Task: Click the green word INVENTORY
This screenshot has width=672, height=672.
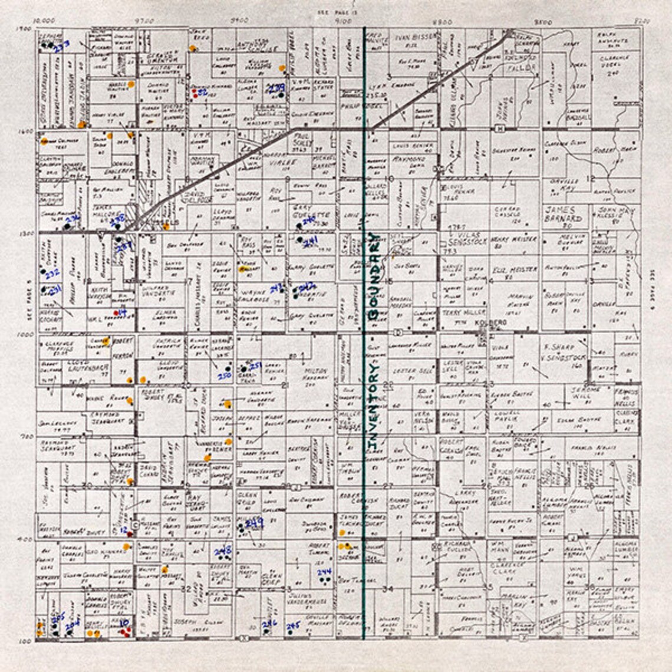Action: pos(373,407)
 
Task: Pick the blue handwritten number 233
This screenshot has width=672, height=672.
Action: pos(62,45)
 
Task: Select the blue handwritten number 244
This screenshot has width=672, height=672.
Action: pos(324,572)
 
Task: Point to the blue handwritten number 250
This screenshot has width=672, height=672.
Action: pos(224,375)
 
